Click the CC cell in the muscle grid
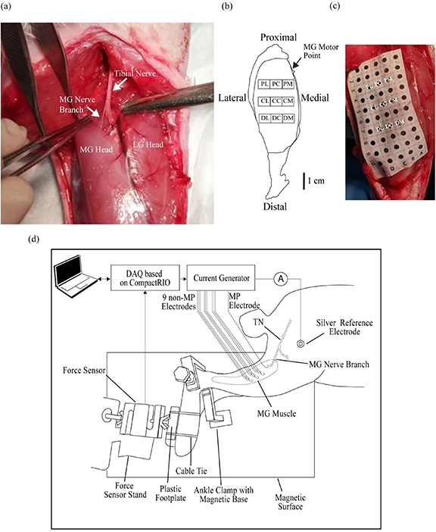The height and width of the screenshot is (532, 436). pos(276,100)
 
